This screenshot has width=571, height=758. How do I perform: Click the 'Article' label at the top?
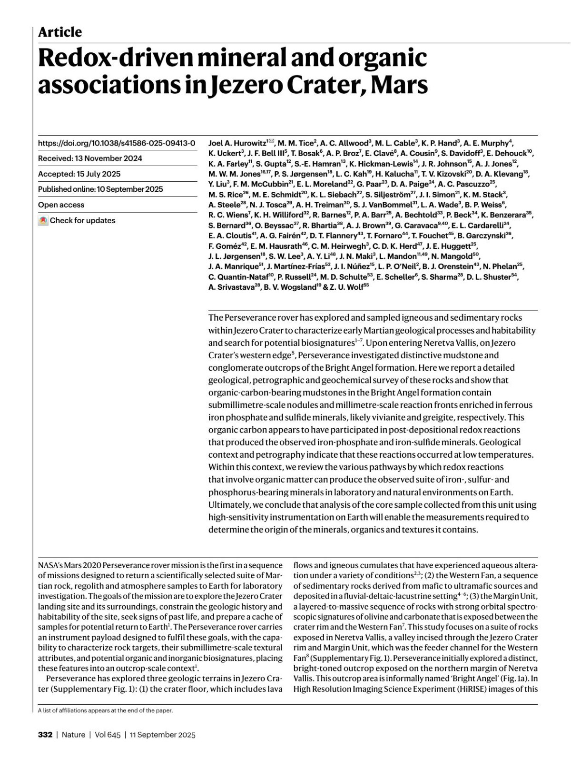tap(60, 32)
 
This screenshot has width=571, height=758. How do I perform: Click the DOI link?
tap(117, 143)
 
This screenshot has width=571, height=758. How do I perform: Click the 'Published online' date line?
tap(100, 189)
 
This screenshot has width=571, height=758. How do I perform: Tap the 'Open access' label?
tap(61, 205)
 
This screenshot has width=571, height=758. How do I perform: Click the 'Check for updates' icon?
tap(43, 221)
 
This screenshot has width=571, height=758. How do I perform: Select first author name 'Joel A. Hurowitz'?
tap(237, 143)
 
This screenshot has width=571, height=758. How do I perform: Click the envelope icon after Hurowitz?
tap(271, 141)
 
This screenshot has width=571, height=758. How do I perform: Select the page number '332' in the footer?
tap(45, 735)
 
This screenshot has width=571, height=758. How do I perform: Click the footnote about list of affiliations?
tap(105, 710)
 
